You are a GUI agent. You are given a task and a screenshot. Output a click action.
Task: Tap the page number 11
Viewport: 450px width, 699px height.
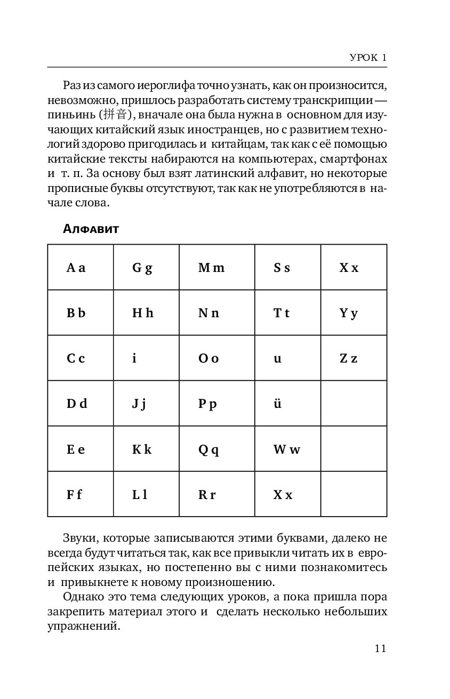click(380, 649)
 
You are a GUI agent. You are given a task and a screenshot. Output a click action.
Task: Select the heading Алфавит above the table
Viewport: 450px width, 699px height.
click(91, 229)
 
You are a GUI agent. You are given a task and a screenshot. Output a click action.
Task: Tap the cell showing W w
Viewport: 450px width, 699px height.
click(287, 449)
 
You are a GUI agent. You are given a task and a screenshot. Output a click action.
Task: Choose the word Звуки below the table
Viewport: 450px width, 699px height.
click(79, 538)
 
